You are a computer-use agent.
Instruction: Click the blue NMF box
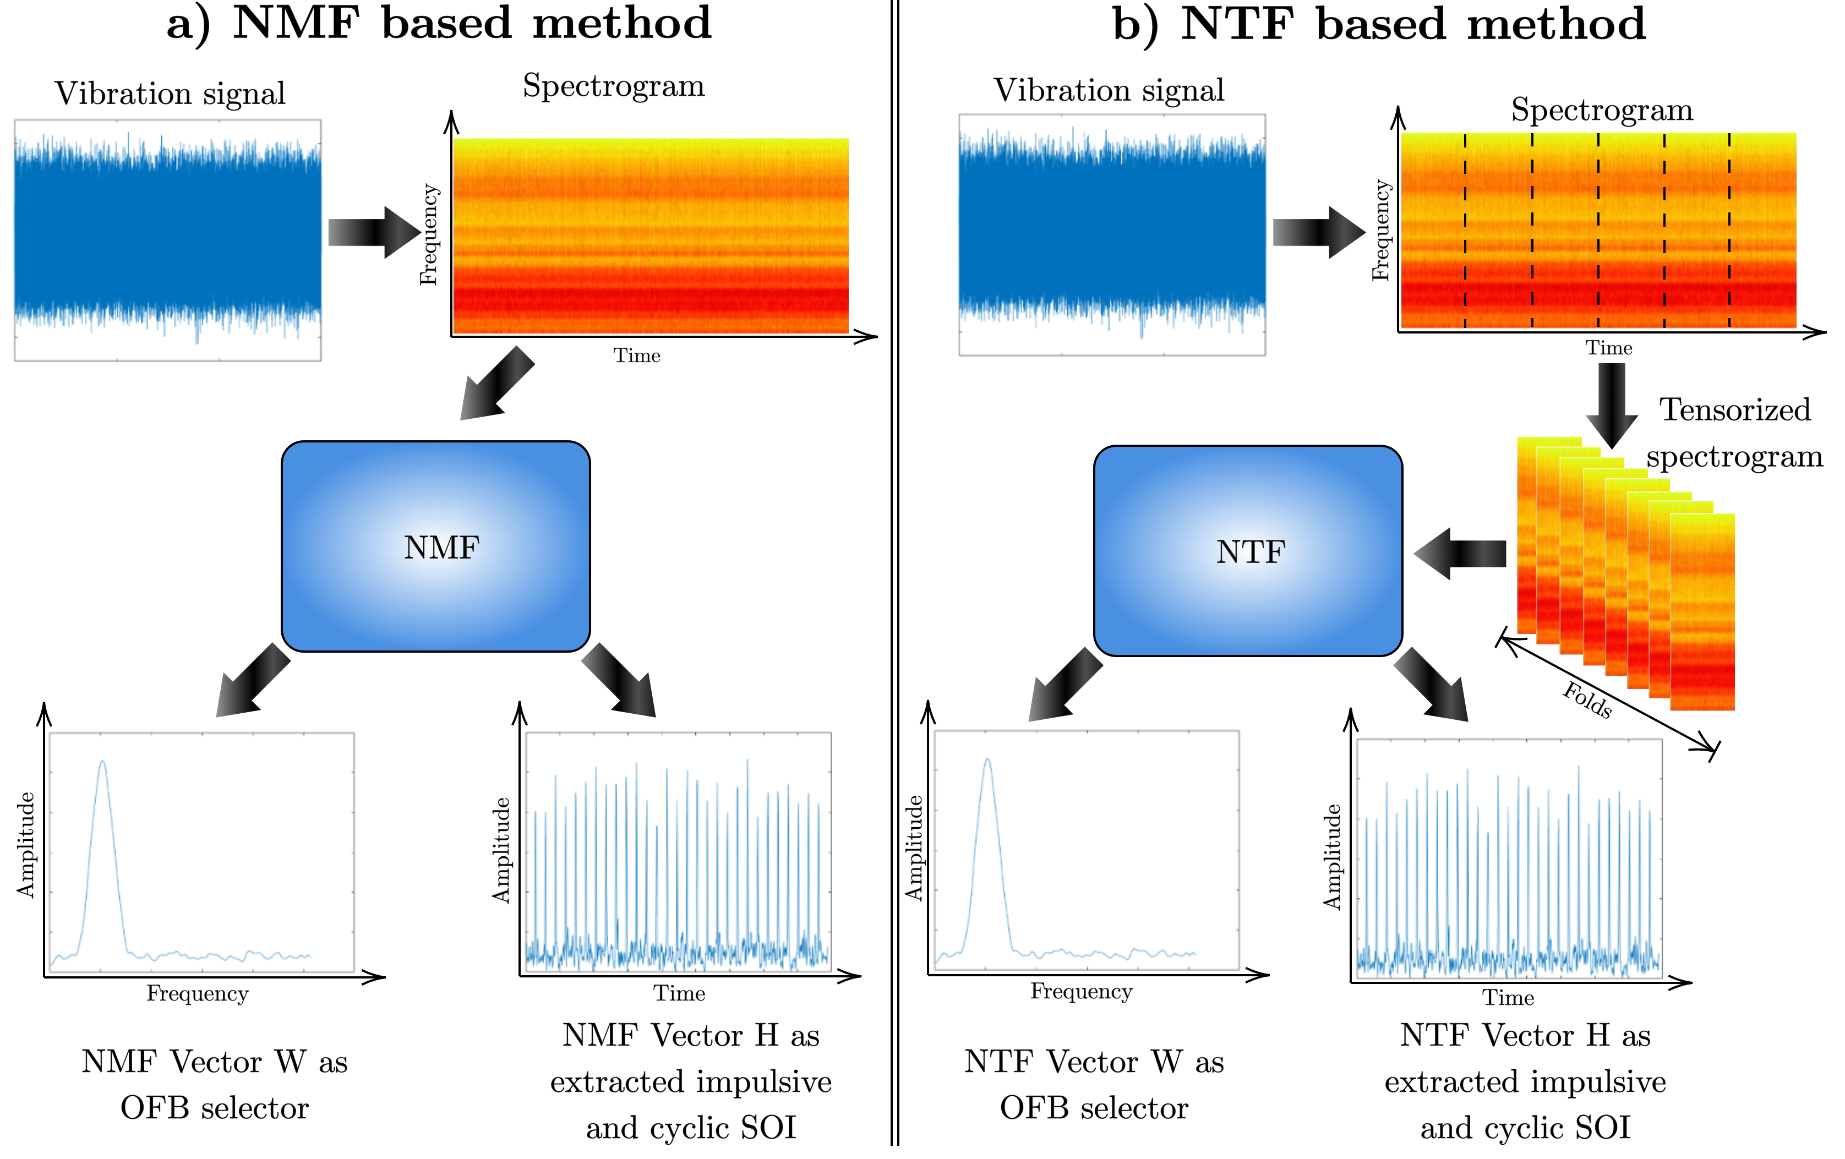435,546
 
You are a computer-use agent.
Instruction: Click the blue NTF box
1247,551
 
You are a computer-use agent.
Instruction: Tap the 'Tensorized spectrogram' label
1734,433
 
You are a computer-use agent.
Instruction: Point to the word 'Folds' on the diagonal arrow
1587,699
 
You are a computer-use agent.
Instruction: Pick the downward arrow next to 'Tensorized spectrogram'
1611,404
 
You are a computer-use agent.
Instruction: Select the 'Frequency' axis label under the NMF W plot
198,993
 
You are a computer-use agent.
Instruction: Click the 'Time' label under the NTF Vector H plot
1508,997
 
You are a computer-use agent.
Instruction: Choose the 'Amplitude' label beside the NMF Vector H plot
500,850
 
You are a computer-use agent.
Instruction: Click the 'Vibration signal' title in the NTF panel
1109,90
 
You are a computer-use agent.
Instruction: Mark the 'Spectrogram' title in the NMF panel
614,86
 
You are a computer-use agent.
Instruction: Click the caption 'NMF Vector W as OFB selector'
215,1084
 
